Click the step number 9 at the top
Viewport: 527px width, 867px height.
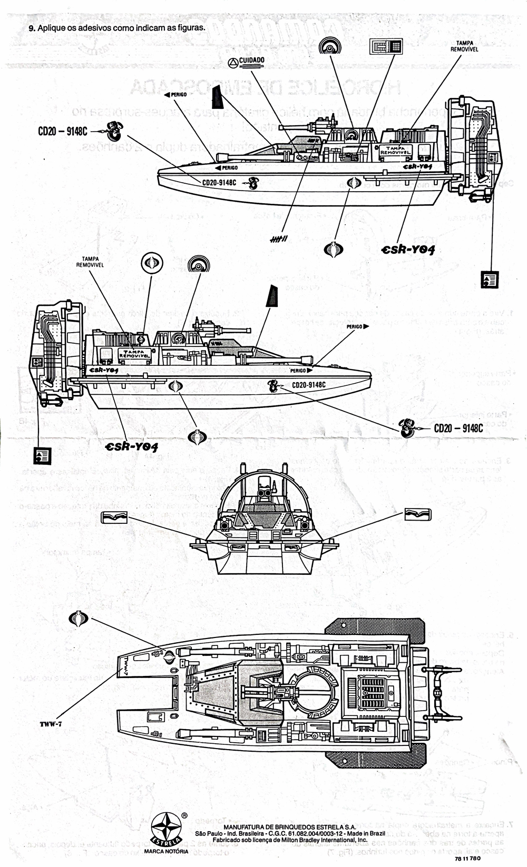(x=32, y=27)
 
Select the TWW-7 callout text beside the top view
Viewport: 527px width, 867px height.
(x=51, y=724)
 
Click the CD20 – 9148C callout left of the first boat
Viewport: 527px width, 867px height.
(x=62, y=131)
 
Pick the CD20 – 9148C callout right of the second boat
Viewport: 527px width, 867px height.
(x=458, y=428)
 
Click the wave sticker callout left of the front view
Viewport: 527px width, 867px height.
(x=114, y=517)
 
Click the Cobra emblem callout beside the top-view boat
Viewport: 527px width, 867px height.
(x=79, y=620)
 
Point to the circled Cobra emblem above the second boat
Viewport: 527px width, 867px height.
(x=152, y=263)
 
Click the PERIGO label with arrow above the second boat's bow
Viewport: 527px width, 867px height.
(x=358, y=326)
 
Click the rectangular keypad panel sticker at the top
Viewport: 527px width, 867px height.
(x=385, y=46)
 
